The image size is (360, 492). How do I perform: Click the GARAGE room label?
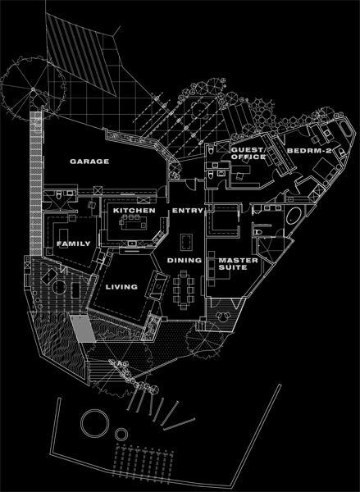coord(89,162)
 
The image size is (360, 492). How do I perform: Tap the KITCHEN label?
coord(134,211)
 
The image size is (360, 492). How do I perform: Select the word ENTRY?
coord(187,211)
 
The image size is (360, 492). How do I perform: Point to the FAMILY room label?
coord(74,244)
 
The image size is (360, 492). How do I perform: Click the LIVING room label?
coord(121,287)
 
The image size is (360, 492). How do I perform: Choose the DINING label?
coord(185,260)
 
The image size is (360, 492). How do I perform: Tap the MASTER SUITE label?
coord(238,264)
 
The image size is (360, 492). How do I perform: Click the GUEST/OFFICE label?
coord(248,153)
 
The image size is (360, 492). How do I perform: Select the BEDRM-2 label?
coord(309,151)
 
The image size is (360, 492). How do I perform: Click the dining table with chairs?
coord(184,290)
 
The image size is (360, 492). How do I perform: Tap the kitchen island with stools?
coord(134,222)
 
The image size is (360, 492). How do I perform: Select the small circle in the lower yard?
coord(121,435)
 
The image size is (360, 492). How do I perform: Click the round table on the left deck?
coord(59,288)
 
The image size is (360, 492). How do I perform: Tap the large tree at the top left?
coord(34,89)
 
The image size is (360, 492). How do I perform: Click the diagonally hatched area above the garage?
coord(82,54)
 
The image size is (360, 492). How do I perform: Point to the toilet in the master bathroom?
coord(257,232)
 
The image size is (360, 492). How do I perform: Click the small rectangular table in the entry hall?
coord(186,242)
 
